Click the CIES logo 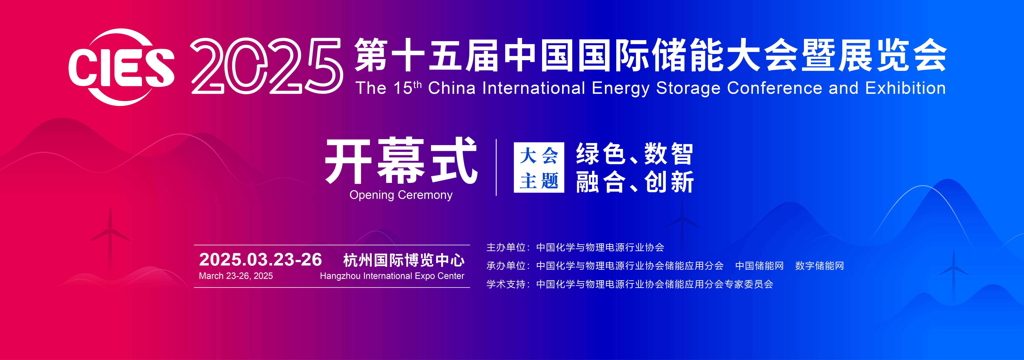click(x=121, y=67)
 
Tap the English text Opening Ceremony click(x=401, y=195)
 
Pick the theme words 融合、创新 click(x=634, y=182)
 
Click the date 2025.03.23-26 click(x=260, y=260)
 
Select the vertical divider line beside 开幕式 click(x=496, y=167)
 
